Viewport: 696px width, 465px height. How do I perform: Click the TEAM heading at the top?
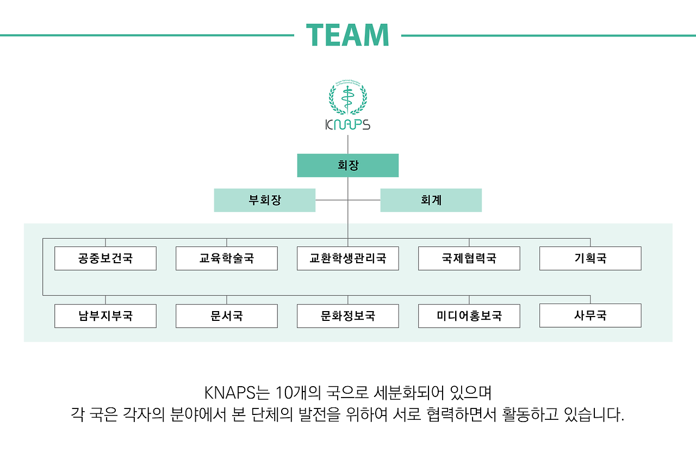click(347, 35)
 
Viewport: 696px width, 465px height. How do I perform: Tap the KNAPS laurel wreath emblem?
click(348, 97)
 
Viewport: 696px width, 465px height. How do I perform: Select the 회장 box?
click(348, 165)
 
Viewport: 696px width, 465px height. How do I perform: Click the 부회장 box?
click(265, 200)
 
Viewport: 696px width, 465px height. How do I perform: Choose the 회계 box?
click(431, 200)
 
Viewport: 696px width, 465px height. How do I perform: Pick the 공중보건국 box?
click(105, 258)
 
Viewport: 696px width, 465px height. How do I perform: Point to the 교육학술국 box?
click(227, 258)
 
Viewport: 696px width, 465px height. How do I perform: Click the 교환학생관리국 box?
click(348, 258)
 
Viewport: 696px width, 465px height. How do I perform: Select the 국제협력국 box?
click(469, 258)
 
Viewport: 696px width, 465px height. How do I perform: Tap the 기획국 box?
click(591, 258)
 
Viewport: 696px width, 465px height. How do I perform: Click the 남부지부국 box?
click(105, 316)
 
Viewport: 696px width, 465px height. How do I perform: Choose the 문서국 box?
click(227, 316)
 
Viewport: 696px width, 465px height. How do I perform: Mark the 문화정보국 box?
click(348, 316)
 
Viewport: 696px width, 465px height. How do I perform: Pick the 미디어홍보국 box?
click(469, 316)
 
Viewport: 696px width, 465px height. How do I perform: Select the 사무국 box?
click(591, 315)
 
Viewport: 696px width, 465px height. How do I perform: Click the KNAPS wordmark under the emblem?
click(348, 125)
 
